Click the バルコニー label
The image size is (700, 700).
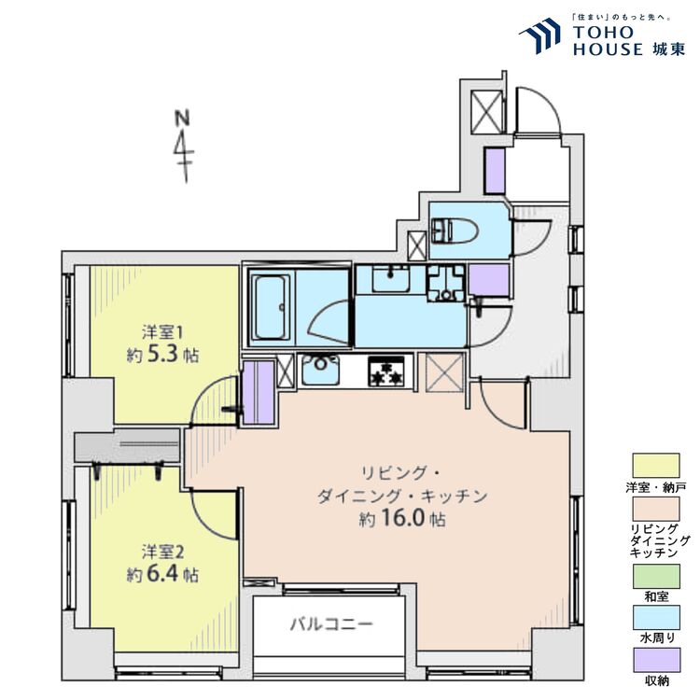[329, 623]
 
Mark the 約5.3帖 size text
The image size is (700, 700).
[163, 356]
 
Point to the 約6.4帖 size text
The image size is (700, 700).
[163, 572]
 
